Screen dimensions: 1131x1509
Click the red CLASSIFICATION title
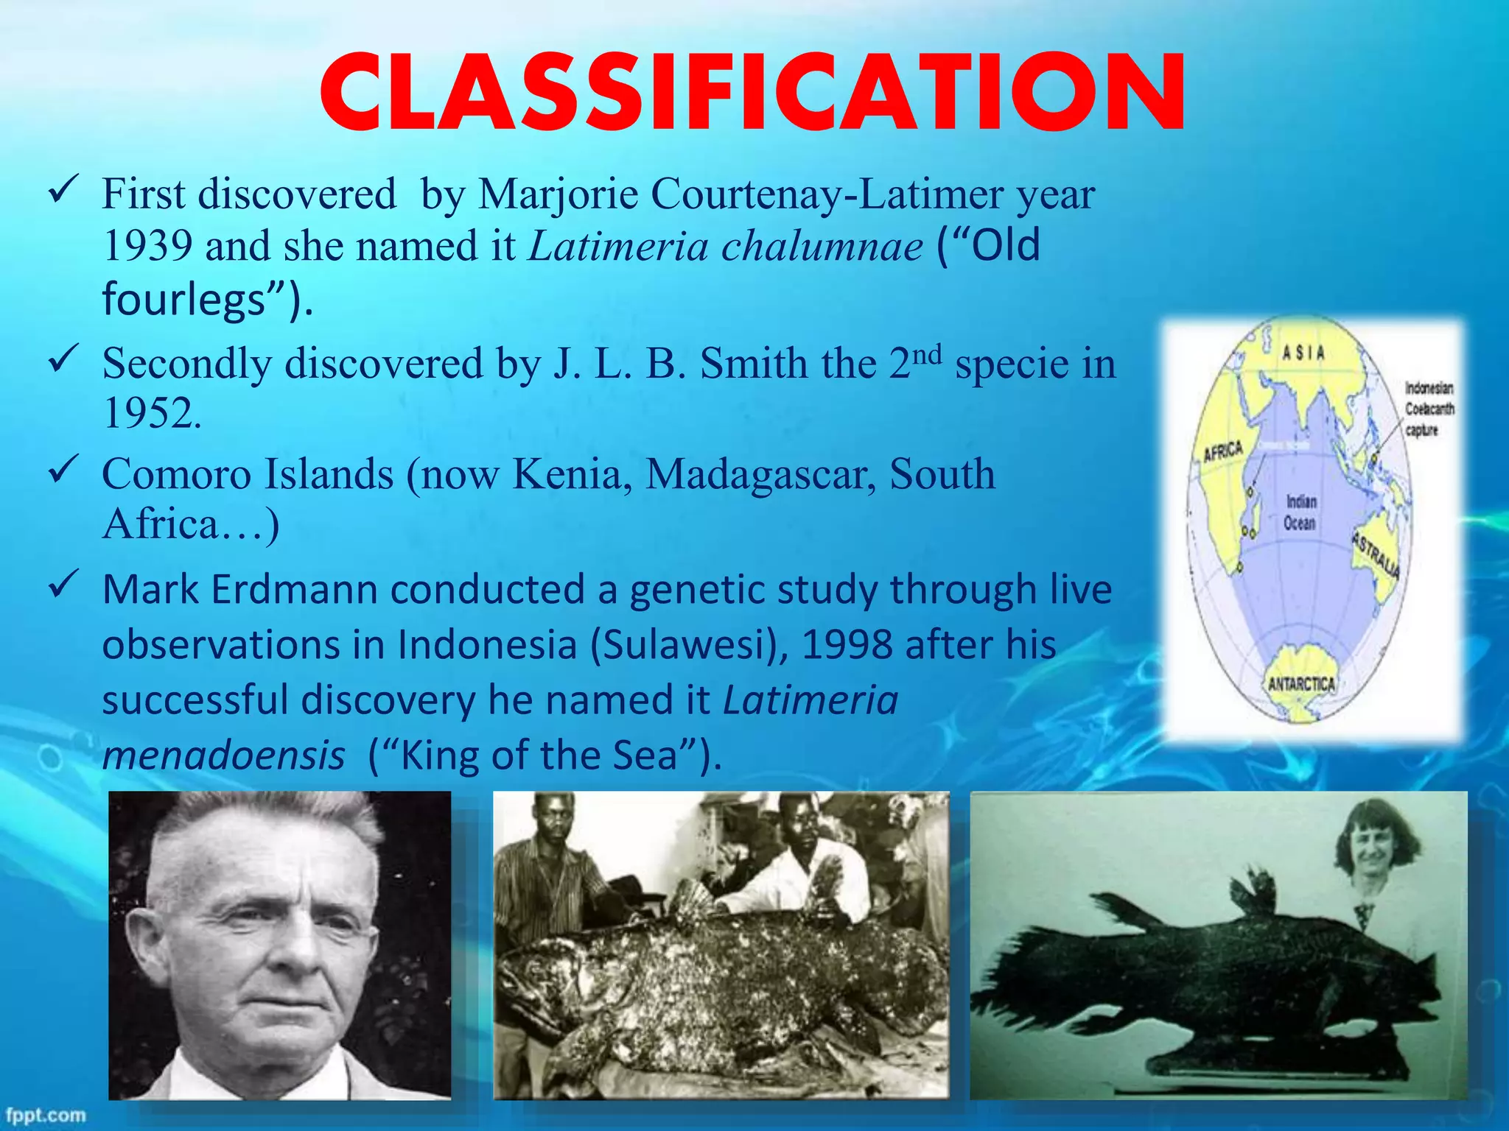click(753, 93)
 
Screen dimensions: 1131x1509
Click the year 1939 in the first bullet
click(147, 246)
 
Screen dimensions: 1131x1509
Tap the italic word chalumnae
click(822, 246)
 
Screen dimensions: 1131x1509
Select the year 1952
click(152, 414)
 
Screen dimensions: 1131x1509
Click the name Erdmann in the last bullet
click(294, 591)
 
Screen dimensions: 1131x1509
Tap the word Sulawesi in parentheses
click(689, 646)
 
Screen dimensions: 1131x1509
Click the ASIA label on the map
click(1303, 353)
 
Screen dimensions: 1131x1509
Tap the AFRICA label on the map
click(1223, 451)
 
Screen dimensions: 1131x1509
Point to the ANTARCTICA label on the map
click(1301, 684)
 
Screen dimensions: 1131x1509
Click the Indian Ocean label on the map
click(1300, 512)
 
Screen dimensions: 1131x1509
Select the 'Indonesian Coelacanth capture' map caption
click(1429, 409)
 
